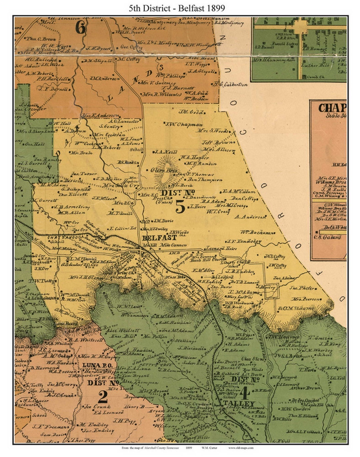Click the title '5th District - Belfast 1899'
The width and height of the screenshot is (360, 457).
pos(177,8)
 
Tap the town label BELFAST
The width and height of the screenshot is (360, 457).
pos(159,238)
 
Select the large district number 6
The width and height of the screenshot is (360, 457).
pos(80,27)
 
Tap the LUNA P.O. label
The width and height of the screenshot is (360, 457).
pos(96,365)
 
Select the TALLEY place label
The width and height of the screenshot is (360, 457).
pos(238,404)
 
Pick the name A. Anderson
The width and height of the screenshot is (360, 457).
pos(250,217)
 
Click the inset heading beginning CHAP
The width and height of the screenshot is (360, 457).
pos(332,108)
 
